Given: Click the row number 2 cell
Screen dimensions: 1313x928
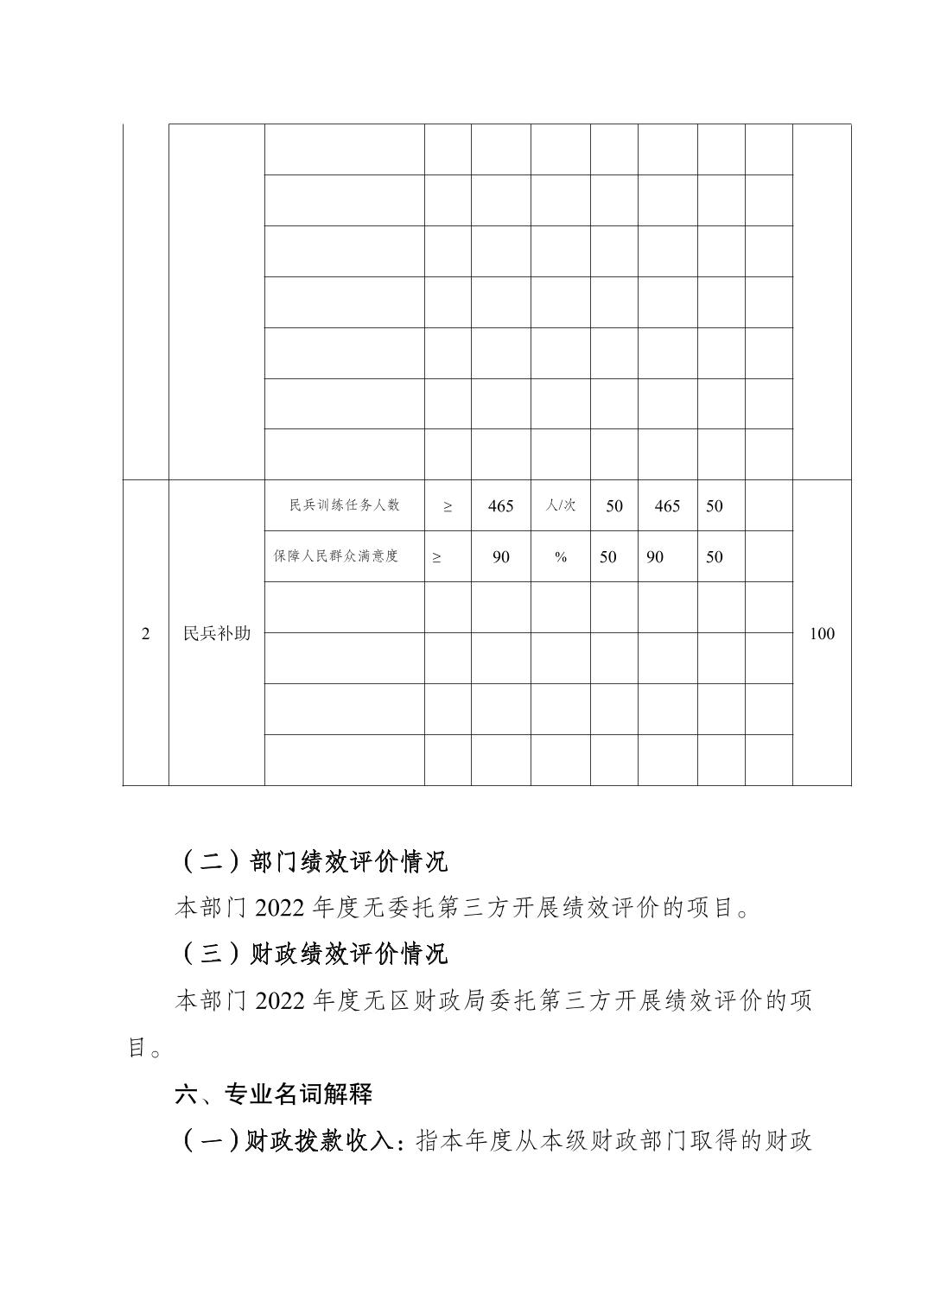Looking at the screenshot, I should pyautogui.click(x=145, y=633).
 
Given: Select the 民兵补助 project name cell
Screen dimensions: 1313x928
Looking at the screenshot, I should pyautogui.click(x=217, y=633).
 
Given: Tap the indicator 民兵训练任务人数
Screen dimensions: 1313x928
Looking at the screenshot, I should pyautogui.click(x=344, y=505).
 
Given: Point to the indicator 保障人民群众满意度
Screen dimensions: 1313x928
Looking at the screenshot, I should pyautogui.click(x=335, y=556).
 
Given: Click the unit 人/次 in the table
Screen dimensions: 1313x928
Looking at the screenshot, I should pyautogui.click(x=561, y=505).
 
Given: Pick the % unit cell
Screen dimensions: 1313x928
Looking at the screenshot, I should pyautogui.click(x=561, y=557).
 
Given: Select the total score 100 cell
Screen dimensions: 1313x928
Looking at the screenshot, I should pyautogui.click(x=822, y=633).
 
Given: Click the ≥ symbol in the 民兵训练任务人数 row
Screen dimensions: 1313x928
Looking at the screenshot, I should pyautogui.click(x=447, y=506).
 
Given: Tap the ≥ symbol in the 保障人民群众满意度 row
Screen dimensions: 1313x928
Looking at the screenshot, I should pyautogui.click(x=436, y=557).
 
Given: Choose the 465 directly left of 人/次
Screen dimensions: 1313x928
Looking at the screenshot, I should pyautogui.click(x=500, y=506).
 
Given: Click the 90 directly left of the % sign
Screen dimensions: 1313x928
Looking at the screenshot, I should pyautogui.click(x=500, y=557).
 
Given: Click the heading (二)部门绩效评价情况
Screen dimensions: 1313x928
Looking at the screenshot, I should pyautogui.click(x=315, y=861).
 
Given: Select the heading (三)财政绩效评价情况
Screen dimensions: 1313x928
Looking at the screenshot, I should pyautogui.click(x=315, y=954).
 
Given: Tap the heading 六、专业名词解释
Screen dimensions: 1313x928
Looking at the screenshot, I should pyautogui.click(x=273, y=1094).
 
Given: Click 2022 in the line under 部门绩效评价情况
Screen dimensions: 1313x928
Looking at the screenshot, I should pyautogui.click(x=280, y=908).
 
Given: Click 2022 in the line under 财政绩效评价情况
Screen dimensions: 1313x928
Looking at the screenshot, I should pyautogui.click(x=280, y=1001).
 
